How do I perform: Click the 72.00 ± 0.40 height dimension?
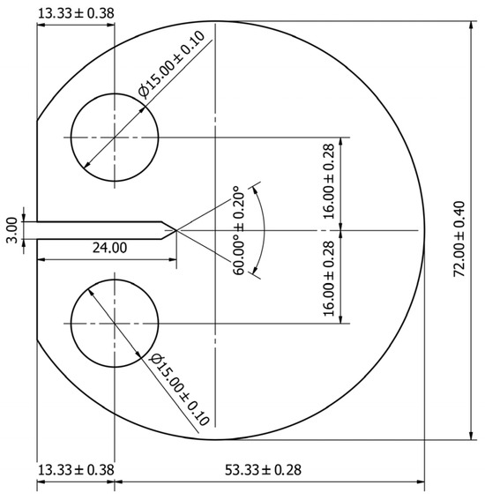click(459, 239)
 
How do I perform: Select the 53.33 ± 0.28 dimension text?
click(263, 470)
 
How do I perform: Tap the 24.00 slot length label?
click(109, 248)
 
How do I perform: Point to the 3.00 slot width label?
click(11, 230)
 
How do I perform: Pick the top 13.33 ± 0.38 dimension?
click(76, 13)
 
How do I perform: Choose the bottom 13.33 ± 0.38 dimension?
click(76, 470)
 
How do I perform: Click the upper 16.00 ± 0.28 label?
click(330, 181)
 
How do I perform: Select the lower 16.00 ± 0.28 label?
click(330, 278)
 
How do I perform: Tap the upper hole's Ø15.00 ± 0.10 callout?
click(172, 63)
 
